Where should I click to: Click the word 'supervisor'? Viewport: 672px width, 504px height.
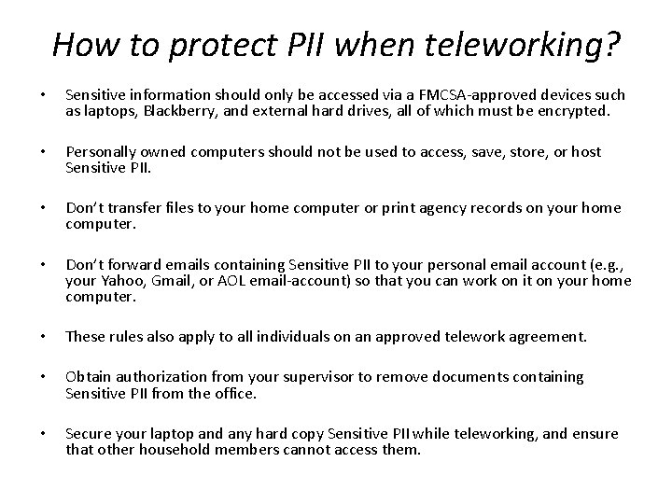[x=355, y=376]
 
